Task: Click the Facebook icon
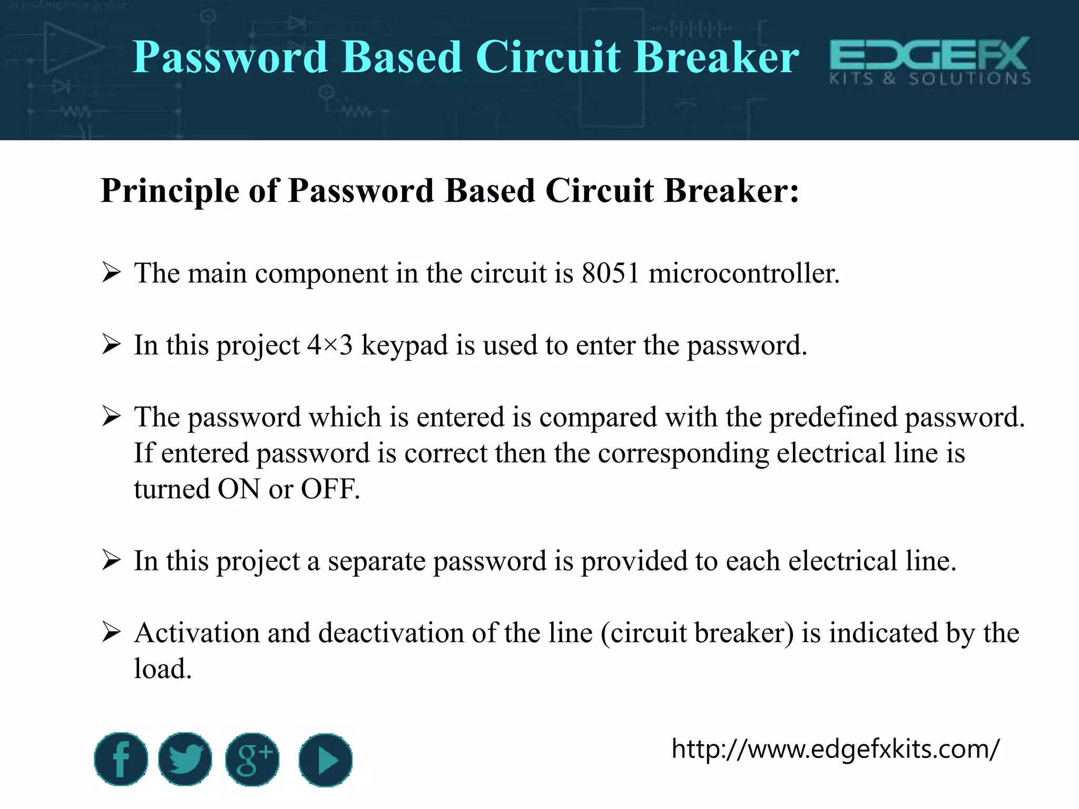[x=121, y=759]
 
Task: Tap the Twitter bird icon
[x=185, y=759]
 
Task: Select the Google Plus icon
[x=252, y=759]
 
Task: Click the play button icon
[x=326, y=760]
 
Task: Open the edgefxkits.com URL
[x=835, y=749]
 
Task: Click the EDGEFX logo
[x=930, y=61]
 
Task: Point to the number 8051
[x=611, y=273]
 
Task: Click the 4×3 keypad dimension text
[x=330, y=346]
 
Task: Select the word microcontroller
[x=743, y=273]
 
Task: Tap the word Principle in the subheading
[x=170, y=190]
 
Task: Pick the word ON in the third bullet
[x=239, y=489]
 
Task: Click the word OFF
[x=330, y=489]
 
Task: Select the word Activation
[x=197, y=633]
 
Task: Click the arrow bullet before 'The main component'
[x=111, y=273]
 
